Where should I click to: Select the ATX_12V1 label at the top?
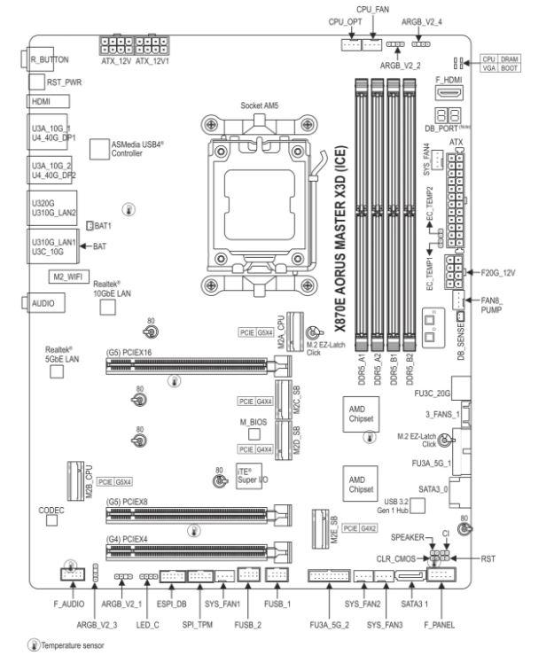(152, 60)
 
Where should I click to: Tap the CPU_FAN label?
(372, 8)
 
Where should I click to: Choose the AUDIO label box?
(43, 302)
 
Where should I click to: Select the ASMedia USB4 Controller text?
(138, 147)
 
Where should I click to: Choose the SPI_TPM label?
(199, 624)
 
